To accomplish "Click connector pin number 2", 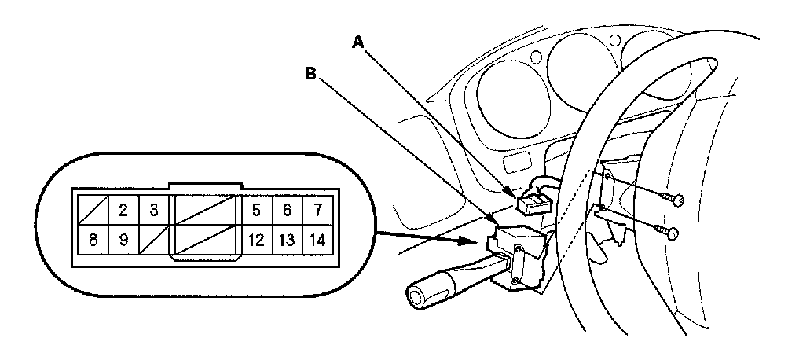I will pyautogui.click(x=123, y=210).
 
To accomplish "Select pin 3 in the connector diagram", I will pyautogui.click(x=153, y=210).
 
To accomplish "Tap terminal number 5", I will pyautogui.click(x=255, y=210).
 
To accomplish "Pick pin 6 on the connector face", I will pyautogui.click(x=287, y=210).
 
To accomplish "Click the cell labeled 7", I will pyautogui.click(x=317, y=210).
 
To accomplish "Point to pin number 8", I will pyautogui.click(x=93, y=240).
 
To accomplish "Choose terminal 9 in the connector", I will pyautogui.click(x=123, y=240).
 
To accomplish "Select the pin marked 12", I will pyautogui.click(x=255, y=240).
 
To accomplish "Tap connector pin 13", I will pyautogui.click(x=287, y=240).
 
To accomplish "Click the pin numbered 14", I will pyautogui.click(x=317, y=240).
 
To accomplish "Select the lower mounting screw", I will pyautogui.click(x=669, y=233).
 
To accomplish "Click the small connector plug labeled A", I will pyautogui.click(x=531, y=204).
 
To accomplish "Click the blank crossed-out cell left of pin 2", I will pyautogui.click(x=93, y=210).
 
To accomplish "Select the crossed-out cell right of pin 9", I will pyautogui.click(x=153, y=240).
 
